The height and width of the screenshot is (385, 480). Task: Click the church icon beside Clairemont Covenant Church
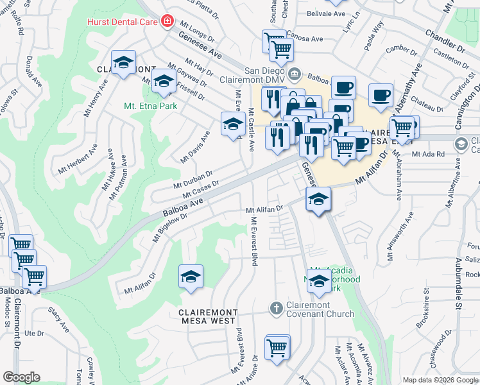click(277, 308)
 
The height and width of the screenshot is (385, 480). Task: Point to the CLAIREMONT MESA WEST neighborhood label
click(198, 317)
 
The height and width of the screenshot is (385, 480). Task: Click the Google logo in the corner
click(21, 377)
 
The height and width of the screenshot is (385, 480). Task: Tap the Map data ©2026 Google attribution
click(440, 380)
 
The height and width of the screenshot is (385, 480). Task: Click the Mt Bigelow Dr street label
click(169, 227)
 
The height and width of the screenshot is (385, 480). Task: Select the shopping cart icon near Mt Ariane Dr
click(277, 348)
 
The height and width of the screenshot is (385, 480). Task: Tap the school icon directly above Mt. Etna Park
click(164, 81)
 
